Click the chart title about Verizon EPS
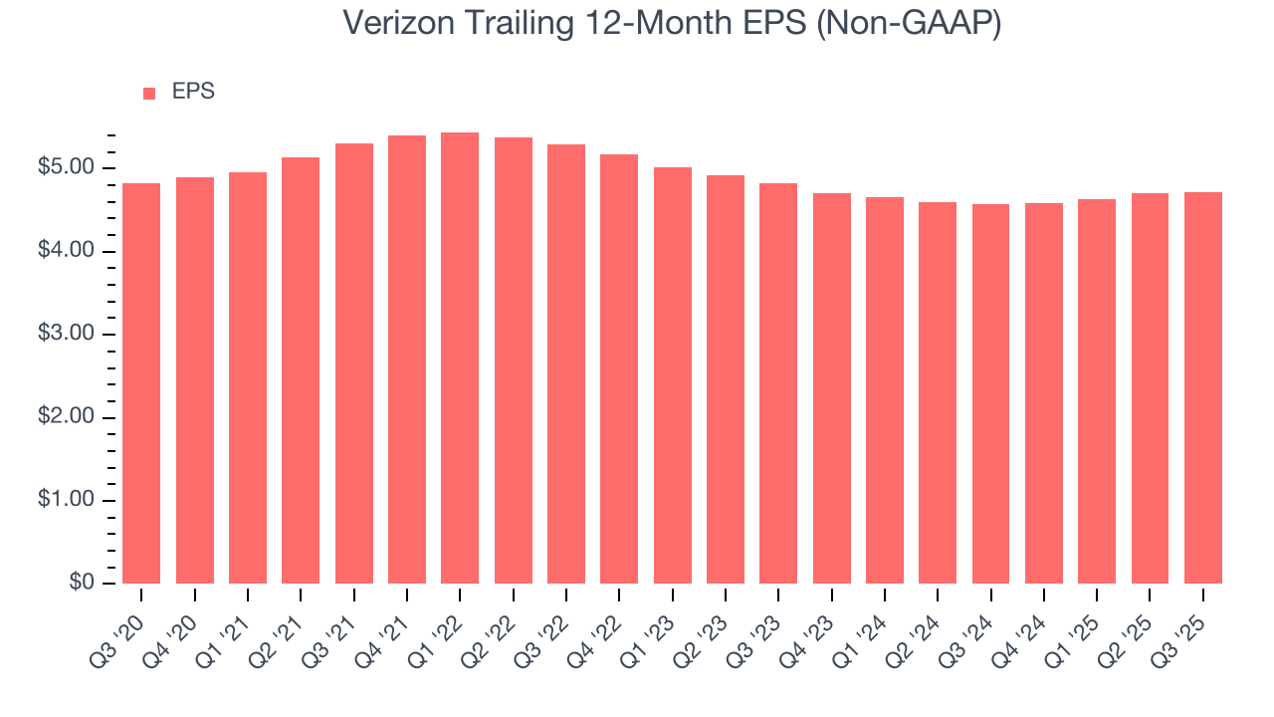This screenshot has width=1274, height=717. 672,24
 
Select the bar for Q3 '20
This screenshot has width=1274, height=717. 141,383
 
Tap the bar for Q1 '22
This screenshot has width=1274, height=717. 460,358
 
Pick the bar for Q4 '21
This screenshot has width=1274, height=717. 407,359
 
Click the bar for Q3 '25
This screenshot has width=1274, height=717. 1202,387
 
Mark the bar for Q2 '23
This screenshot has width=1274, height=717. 726,379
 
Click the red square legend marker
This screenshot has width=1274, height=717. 149,93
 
